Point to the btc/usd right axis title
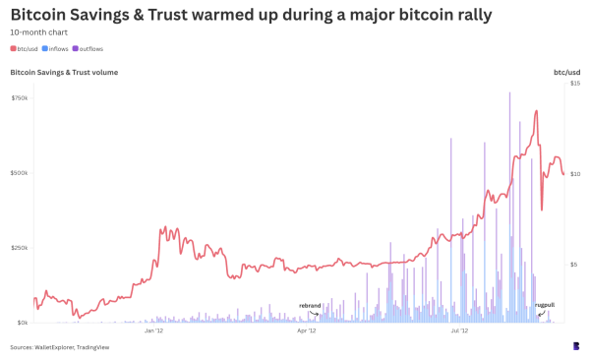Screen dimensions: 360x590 566,72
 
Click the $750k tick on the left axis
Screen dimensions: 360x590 20,97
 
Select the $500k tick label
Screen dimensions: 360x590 20,173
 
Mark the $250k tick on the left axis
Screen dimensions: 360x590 20,248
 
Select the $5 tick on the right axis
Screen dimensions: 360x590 575,264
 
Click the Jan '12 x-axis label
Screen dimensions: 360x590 153,331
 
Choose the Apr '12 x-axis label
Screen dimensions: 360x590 306,331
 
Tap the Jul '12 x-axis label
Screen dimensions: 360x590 458,331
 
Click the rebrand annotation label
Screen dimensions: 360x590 310,306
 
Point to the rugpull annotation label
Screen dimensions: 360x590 544,306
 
